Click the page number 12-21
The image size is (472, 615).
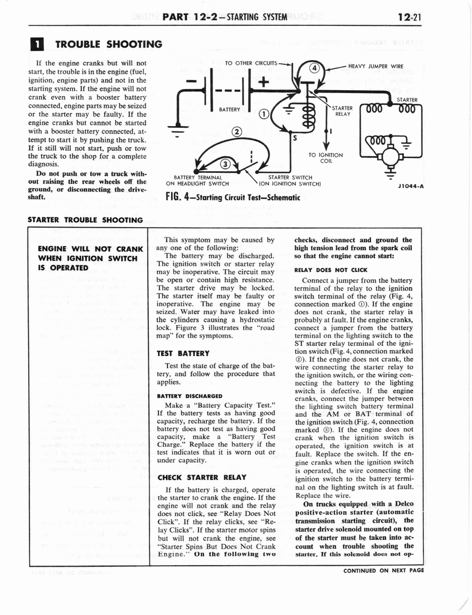[409, 17]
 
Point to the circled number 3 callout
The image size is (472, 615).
[225, 163]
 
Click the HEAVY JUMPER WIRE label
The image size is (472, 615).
[376, 66]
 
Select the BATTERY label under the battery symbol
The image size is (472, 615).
[230, 110]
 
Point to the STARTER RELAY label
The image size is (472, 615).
[343, 111]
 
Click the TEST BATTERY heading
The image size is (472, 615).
[181, 353]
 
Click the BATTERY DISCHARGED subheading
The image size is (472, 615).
[189, 396]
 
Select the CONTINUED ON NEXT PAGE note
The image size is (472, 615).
[383, 571]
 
